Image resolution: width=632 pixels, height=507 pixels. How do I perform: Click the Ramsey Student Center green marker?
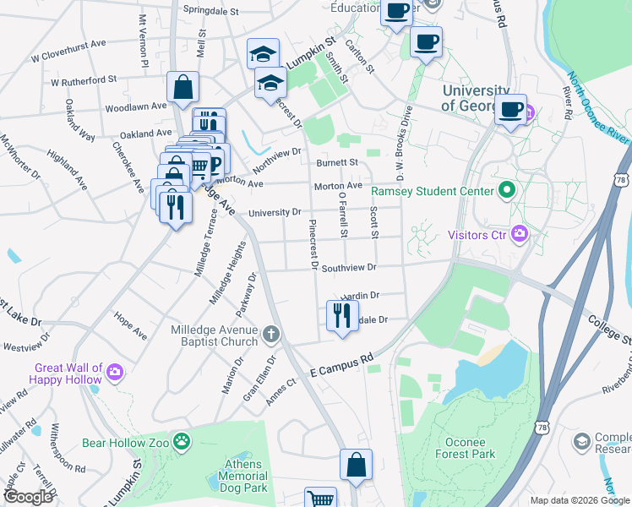(507, 190)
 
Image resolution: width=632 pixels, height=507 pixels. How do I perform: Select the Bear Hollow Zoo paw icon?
(182, 441)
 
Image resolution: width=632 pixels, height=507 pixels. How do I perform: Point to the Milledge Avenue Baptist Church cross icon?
(270, 334)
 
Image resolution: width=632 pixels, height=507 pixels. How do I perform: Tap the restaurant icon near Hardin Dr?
(341, 316)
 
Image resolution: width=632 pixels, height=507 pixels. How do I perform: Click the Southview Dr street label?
(348, 267)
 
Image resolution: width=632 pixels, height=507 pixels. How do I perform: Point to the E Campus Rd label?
(341, 364)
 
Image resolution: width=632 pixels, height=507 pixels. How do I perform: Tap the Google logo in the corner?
(28, 497)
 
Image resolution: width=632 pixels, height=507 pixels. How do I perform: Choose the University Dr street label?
(273, 212)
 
